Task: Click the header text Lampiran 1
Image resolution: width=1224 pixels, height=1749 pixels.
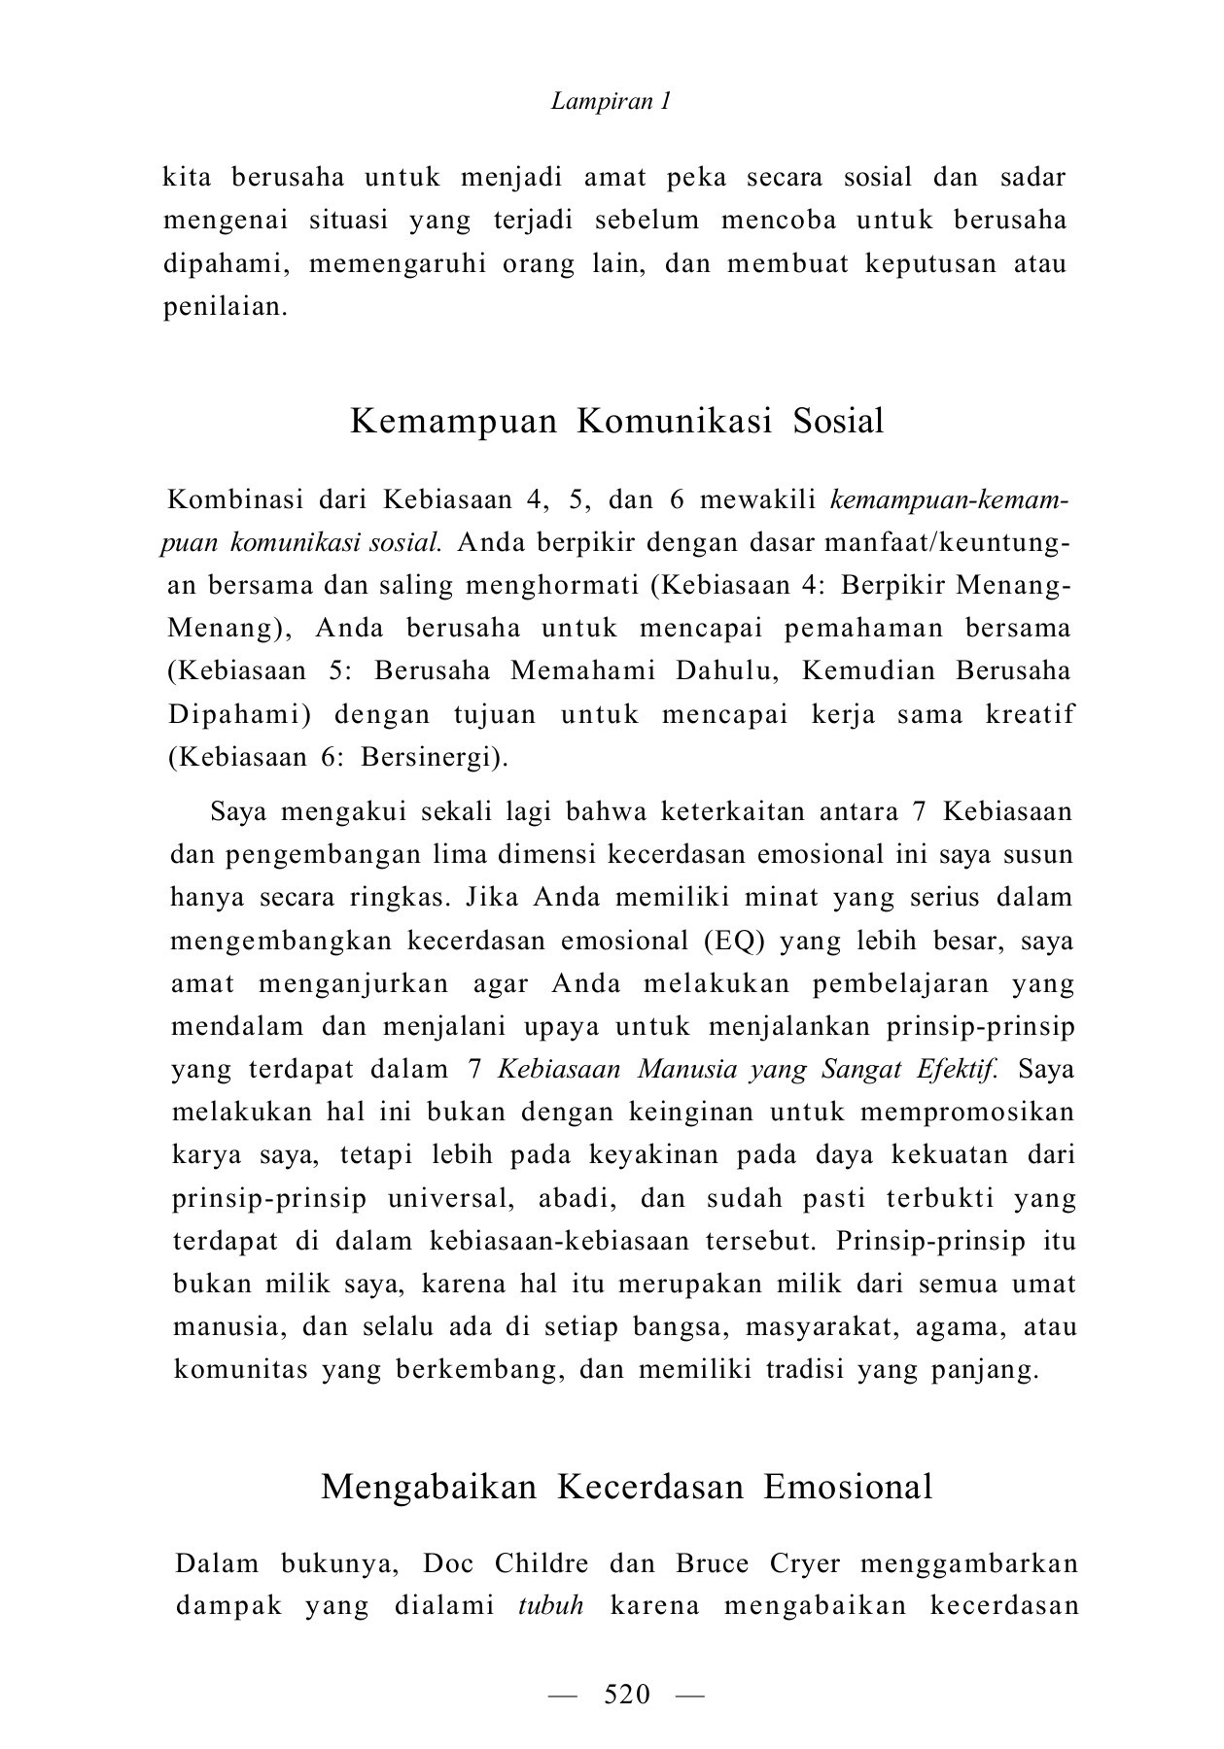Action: [611, 101]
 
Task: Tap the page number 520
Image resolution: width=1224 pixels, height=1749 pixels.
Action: [626, 1695]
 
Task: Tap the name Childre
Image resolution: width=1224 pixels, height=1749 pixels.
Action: [542, 1563]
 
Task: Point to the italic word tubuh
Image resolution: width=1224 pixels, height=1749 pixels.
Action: [550, 1605]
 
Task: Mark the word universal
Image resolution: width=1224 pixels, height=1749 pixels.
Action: [449, 1198]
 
